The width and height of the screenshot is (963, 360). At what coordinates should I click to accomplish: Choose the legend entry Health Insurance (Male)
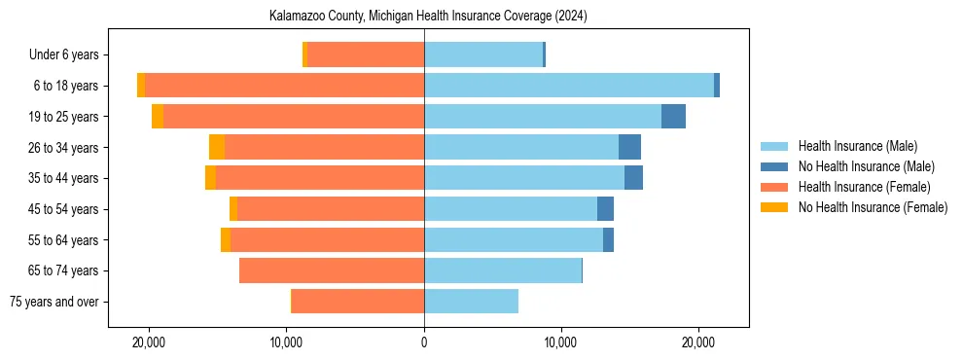(x=857, y=146)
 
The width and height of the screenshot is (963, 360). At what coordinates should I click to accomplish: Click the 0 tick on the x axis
(x=424, y=343)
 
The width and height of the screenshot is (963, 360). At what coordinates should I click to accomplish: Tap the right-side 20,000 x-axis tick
(x=698, y=343)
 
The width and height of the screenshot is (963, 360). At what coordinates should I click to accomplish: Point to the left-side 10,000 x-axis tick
(x=287, y=343)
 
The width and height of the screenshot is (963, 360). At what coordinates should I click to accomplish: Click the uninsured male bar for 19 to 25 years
(x=673, y=117)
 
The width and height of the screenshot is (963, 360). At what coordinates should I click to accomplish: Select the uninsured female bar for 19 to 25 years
(x=158, y=117)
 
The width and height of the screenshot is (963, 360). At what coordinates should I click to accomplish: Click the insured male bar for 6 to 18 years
(x=569, y=86)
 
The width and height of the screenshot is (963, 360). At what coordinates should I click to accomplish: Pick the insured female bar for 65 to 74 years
(x=332, y=270)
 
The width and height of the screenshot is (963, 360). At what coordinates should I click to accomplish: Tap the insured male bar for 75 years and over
(x=471, y=302)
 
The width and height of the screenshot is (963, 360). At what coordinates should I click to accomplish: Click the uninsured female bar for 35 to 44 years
(x=210, y=178)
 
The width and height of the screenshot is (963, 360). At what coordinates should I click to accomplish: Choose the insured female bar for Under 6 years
(x=366, y=54)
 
